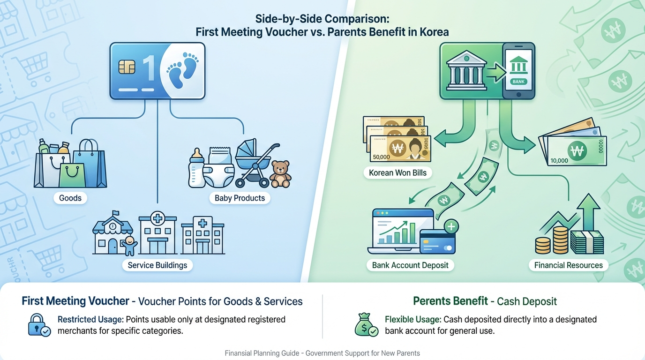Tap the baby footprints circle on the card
[x=183, y=70]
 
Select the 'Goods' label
[x=70, y=198]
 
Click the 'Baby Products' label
[x=240, y=198]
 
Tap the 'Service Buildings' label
[x=157, y=265]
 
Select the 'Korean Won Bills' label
[x=398, y=172]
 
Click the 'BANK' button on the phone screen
[x=518, y=81]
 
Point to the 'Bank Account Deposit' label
[x=410, y=265]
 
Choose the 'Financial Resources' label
[x=569, y=265]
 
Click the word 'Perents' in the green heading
[x=431, y=301]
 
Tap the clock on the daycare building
[x=112, y=225]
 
